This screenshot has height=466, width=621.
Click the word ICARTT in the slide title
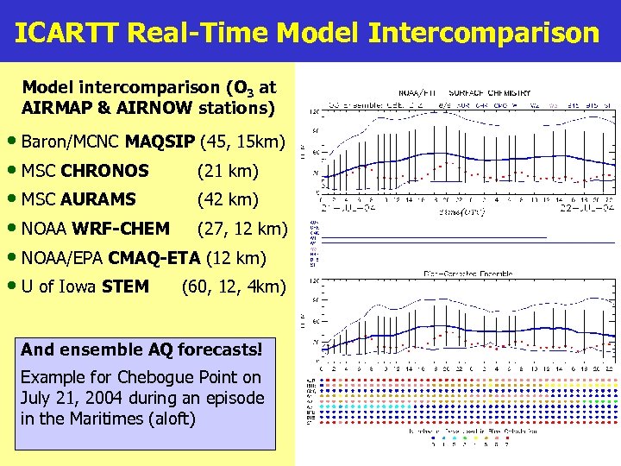point(67,33)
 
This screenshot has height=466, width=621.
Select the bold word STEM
point(125,286)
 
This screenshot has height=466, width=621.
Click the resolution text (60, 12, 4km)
point(233,286)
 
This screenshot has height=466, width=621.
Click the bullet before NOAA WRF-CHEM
point(17,229)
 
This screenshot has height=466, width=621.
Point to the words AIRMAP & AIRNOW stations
point(147,108)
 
